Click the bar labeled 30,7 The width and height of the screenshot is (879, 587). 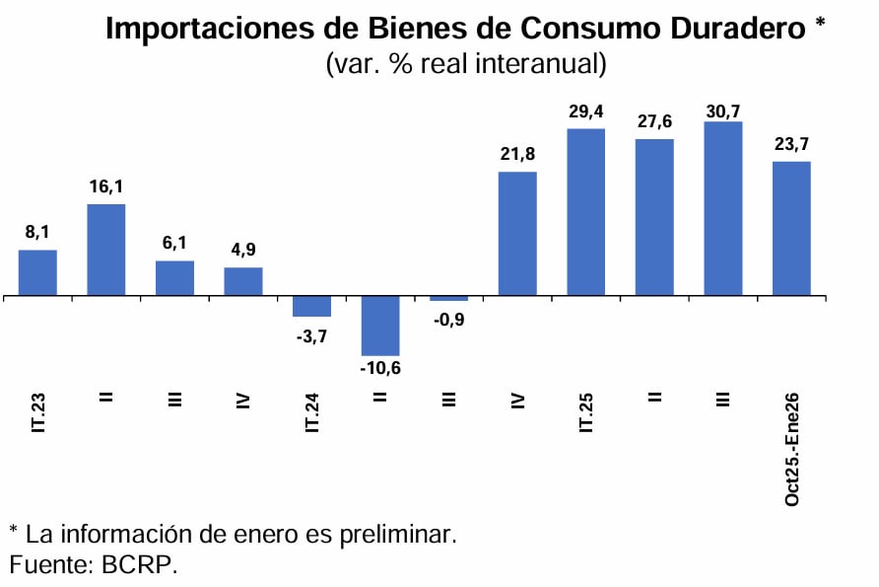(722, 208)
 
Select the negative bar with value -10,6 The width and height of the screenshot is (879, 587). (380, 325)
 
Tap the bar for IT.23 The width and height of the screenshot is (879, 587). (37, 272)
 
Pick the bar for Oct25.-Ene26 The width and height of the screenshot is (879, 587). (791, 228)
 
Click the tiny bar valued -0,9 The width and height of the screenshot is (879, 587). (448, 298)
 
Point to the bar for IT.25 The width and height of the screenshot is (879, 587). (585, 211)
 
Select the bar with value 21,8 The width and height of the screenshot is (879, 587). (517, 233)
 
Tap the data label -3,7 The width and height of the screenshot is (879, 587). (311, 335)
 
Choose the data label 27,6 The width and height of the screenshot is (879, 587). (654, 121)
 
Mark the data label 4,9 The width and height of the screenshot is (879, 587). (243, 251)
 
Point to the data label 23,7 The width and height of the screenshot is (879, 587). (791, 144)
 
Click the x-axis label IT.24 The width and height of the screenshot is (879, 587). (312, 410)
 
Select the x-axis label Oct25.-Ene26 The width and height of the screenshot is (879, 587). (792, 450)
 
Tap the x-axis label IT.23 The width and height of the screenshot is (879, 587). (38, 410)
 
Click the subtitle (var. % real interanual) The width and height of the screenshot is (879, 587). (465, 65)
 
